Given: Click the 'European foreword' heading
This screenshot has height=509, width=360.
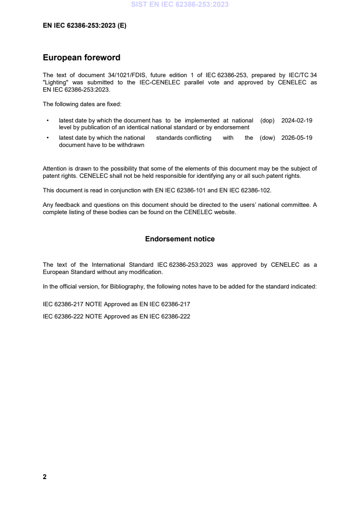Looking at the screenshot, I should pos(81,58).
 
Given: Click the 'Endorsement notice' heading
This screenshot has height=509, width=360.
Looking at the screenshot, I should pos(180,239).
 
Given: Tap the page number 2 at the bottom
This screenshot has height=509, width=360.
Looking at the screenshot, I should pos(44,477).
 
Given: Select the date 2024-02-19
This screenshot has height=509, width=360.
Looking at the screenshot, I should pos(297,121).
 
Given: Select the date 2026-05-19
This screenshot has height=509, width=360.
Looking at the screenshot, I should pos(297,138).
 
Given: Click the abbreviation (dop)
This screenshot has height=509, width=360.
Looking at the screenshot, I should pos(268,121).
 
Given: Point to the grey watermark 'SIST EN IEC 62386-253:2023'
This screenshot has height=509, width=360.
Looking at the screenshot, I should pos(180,5).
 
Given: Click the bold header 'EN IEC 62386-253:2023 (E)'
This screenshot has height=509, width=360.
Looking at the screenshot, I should pos(84,26).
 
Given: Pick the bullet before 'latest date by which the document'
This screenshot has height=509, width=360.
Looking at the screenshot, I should pos(48,121).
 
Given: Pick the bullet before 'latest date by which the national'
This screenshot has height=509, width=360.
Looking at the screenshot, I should pos(48,138).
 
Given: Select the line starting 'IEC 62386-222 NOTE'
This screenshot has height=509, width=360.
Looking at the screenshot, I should pos(116,317).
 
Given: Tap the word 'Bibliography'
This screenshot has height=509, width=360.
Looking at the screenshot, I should pos(125,287).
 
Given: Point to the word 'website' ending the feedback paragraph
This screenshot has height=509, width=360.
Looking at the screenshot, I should pos(225,212).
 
